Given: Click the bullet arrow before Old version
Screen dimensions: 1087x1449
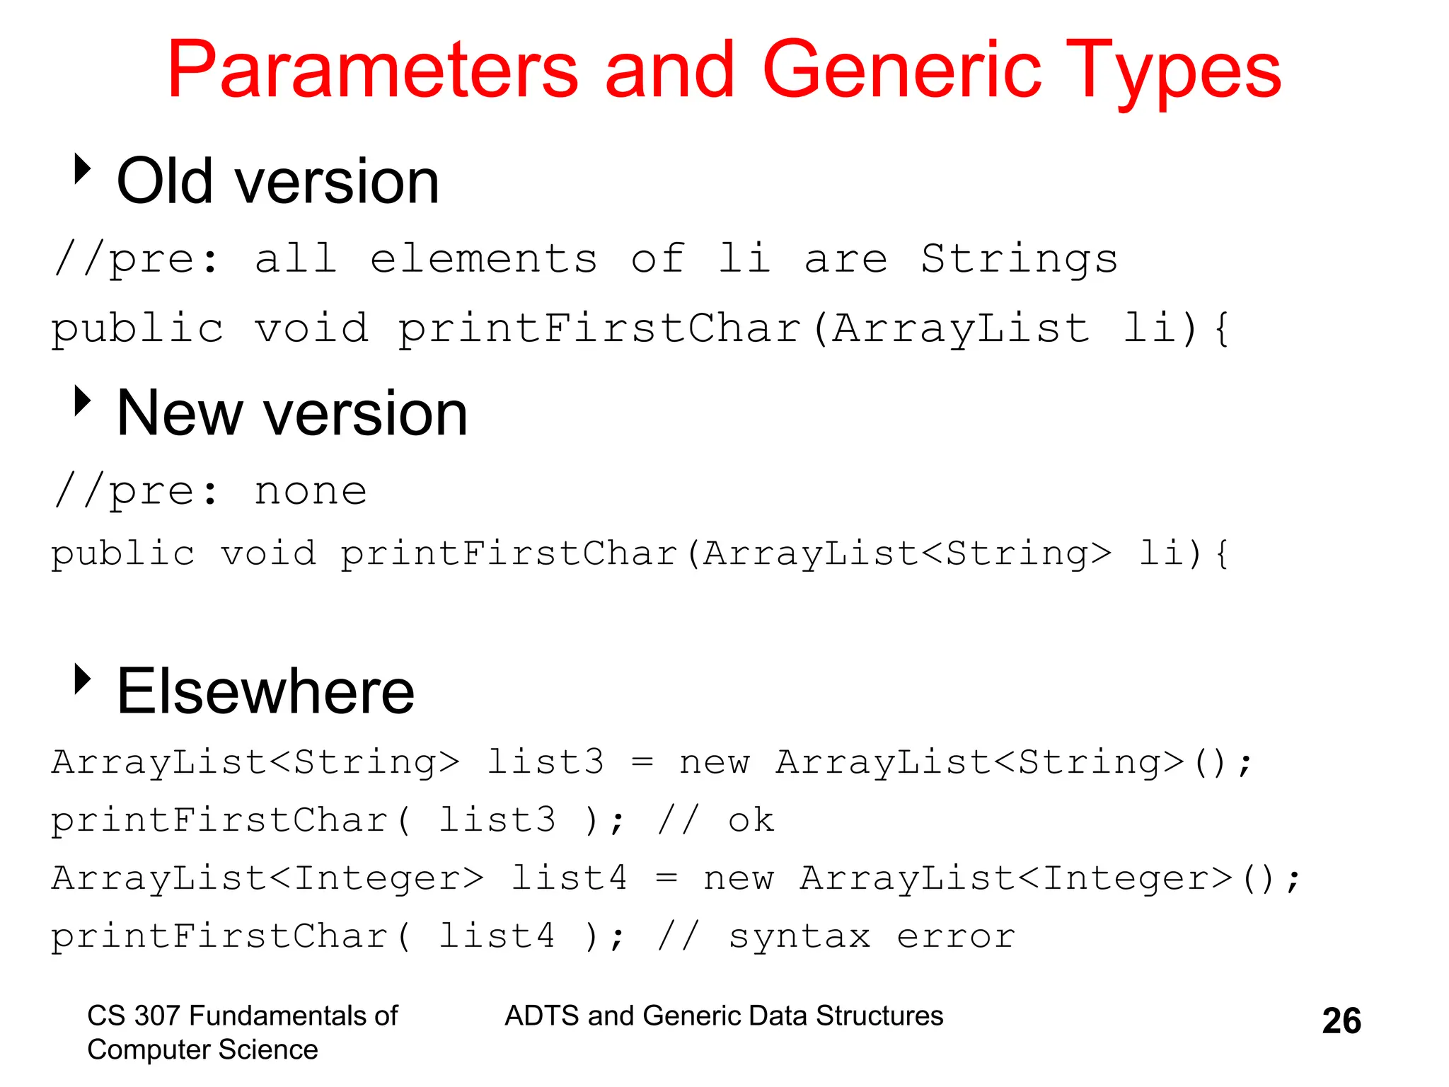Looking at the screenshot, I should click(83, 169).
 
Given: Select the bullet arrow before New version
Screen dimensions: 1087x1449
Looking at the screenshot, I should click(83, 401).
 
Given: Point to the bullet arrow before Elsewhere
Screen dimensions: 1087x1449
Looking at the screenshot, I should click(83, 679).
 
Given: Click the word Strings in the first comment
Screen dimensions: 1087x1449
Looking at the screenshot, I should click(1019, 259).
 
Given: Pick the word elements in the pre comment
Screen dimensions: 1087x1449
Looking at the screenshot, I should click(483, 259).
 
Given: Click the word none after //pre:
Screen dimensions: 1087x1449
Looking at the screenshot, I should click(311, 491).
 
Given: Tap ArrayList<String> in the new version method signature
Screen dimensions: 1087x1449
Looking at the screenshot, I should click(906, 553).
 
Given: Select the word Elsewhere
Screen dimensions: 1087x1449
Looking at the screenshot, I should click(265, 691).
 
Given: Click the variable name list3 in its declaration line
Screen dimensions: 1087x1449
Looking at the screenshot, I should click(545, 763).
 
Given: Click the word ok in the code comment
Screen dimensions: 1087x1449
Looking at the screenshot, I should click(751, 821).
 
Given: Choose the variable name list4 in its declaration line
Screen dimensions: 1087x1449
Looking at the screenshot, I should click(569, 879).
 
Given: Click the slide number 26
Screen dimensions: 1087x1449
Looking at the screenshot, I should click(1341, 1021).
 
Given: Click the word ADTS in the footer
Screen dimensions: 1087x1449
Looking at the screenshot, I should click(542, 1016).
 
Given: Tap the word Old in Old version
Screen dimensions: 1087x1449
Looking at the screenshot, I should click(165, 181).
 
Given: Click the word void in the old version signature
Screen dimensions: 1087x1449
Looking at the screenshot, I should click(311, 329).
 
